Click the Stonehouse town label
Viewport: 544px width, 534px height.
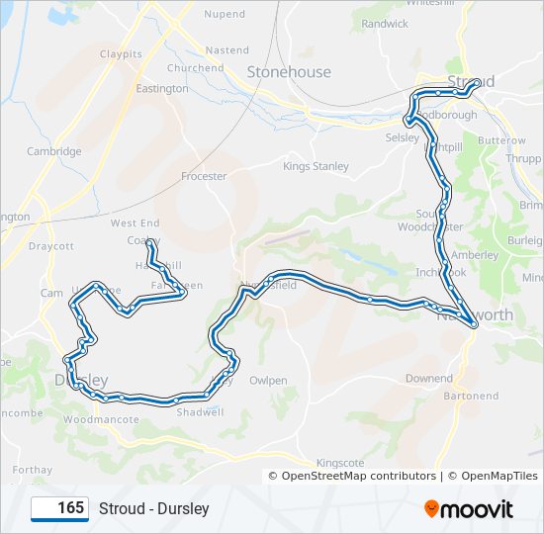289,72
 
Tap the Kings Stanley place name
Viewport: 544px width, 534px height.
316,166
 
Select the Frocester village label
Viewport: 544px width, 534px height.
204,176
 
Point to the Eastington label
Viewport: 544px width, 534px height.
162,88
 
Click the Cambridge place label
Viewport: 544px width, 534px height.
54,151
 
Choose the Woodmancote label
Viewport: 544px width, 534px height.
101,419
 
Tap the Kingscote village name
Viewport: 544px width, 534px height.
340,462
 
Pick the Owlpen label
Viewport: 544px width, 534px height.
268,380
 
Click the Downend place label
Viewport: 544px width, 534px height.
428,378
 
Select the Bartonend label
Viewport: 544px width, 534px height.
472,396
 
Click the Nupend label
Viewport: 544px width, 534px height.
225,15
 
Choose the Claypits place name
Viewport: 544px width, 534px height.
121,53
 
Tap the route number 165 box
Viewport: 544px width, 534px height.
59,508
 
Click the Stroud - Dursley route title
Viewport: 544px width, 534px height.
153,508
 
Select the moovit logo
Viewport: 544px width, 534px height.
469,508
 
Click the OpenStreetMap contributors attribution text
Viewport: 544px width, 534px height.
358,476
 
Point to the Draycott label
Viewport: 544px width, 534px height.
51,246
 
